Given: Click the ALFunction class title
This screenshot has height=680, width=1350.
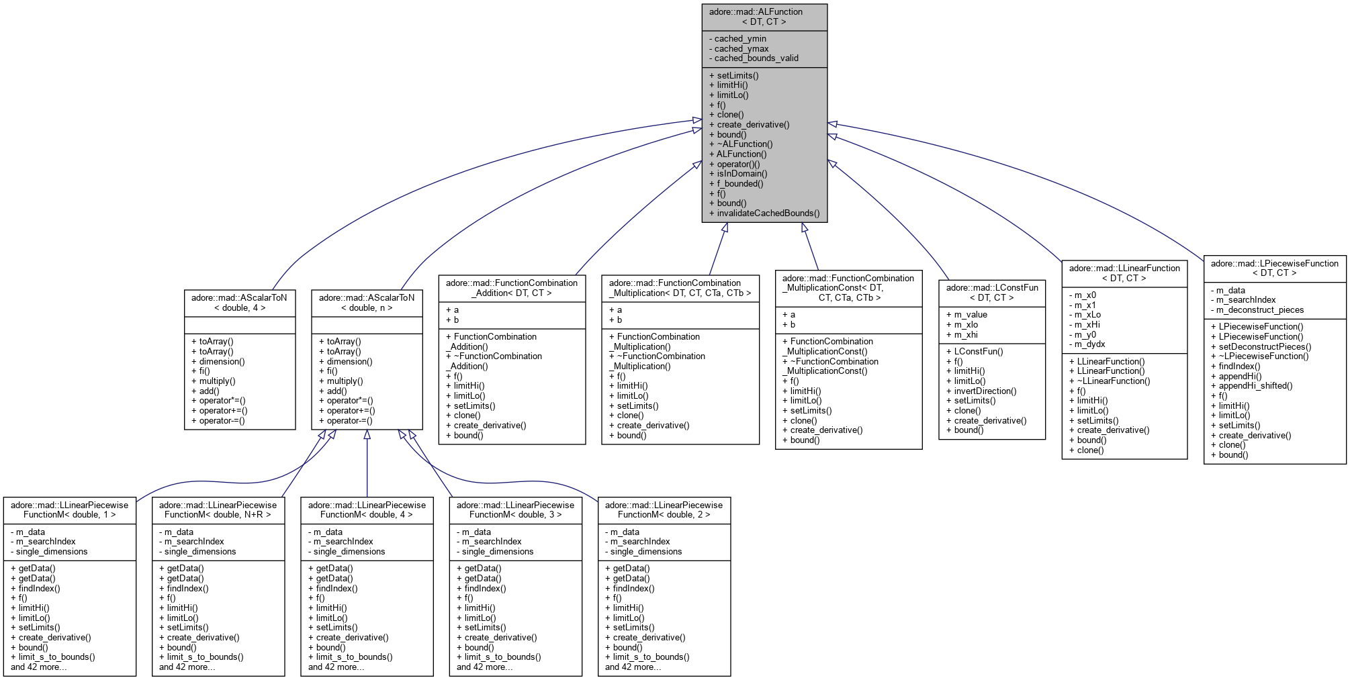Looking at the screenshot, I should coord(764,17).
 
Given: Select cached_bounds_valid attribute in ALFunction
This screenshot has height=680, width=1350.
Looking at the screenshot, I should coord(756,58).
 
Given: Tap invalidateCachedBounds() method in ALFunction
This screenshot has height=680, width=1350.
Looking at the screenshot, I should coord(768,213).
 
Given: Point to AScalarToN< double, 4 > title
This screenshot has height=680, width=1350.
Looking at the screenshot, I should coord(239,303).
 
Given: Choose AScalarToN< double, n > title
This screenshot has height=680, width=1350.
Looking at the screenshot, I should coord(367,303).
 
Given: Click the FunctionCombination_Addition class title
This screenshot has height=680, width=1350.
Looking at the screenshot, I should coord(512,288).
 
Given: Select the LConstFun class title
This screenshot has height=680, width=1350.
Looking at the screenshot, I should coord(991,293).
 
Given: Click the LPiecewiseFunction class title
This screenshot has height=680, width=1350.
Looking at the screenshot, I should coord(1274,268).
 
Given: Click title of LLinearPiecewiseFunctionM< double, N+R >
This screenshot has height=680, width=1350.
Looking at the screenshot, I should coord(218,510).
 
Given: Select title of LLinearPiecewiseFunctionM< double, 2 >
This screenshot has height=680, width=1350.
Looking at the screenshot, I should coord(664,510).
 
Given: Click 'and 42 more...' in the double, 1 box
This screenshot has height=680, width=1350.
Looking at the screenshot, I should coord(39,667).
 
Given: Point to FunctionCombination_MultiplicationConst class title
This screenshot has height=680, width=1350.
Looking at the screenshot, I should coord(848,287).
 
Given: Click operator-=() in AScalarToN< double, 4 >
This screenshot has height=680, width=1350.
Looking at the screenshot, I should coord(222,421).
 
